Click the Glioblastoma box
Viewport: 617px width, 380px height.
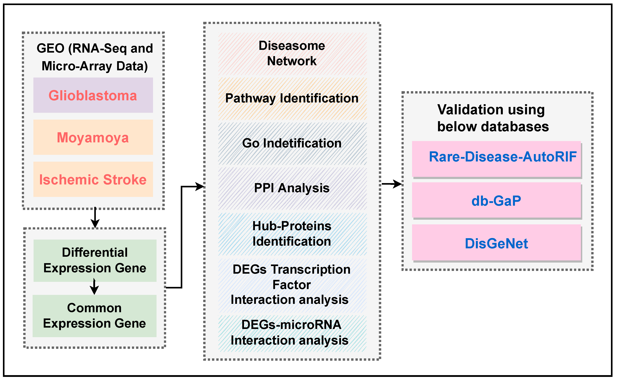pyautogui.click(x=93, y=95)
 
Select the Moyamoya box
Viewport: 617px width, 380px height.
pyautogui.click(x=93, y=137)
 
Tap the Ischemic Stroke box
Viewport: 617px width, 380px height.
pyautogui.click(x=93, y=179)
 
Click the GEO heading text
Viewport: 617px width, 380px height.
pyautogui.click(x=95, y=57)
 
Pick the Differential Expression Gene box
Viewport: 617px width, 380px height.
pyautogui.click(x=95, y=260)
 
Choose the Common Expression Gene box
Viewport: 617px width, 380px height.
pyautogui.click(x=94, y=316)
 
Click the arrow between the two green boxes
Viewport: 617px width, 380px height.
pyautogui.click(x=94, y=287)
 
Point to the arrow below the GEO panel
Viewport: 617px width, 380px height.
pyautogui.click(x=95, y=218)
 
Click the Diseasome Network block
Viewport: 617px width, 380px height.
pyautogui.click(x=292, y=54)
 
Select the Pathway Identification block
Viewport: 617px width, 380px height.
pyautogui.click(x=292, y=98)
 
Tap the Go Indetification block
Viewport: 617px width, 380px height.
pyautogui.click(x=292, y=143)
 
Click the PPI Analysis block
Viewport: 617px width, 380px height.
pyautogui.click(x=292, y=188)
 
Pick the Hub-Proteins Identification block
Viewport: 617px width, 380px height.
pyautogui.click(x=292, y=234)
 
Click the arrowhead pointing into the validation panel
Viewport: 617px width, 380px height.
pyautogui.click(x=398, y=184)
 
